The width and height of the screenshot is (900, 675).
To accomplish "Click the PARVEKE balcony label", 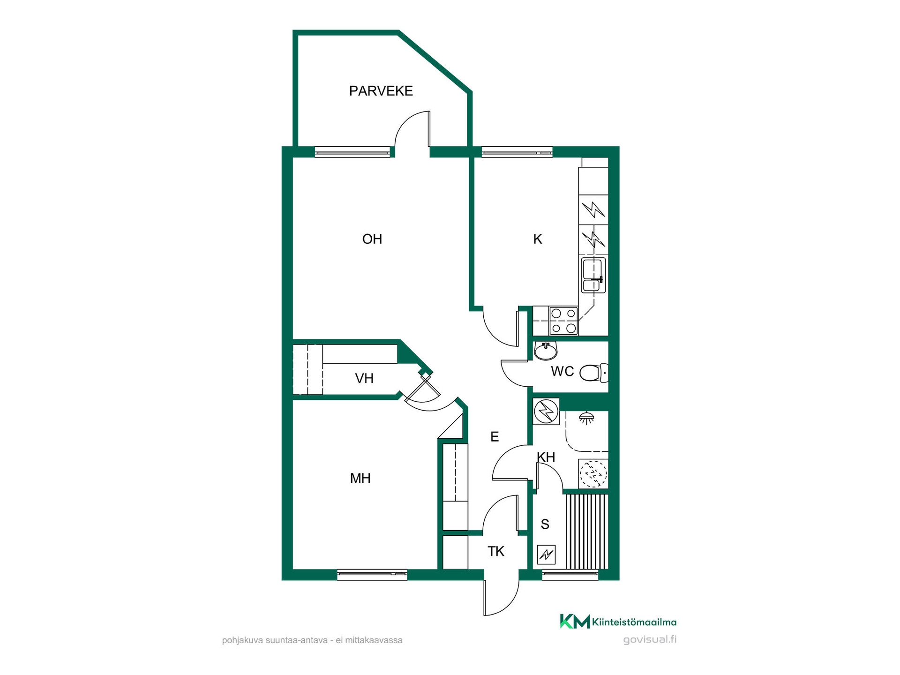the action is [x=381, y=91].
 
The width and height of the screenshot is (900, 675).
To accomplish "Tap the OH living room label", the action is [x=372, y=239].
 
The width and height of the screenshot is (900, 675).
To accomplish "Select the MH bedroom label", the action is [x=360, y=478].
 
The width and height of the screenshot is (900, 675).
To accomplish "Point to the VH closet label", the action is [x=364, y=378].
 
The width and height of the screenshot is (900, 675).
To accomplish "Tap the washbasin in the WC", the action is [x=546, y=350].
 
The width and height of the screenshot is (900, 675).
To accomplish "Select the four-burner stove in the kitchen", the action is [x=563, y=321].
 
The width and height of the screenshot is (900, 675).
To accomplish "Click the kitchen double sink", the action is [x=593, y=275].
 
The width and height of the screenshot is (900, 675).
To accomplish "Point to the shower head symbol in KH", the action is [x=586, y=418].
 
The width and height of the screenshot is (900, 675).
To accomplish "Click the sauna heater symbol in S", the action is [x=546, y=555].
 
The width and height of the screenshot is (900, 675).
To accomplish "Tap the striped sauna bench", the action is [x=587, y=532].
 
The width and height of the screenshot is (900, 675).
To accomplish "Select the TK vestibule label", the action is [x=495, y=551].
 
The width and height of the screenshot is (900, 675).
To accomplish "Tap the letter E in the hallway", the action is [x=495, y=437].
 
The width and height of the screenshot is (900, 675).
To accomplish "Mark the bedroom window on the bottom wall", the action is [x=372, y=574].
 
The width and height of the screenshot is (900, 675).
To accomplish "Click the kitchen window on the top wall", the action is [x=517, y=152].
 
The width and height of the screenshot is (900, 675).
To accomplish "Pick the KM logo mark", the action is [x=575, y=621].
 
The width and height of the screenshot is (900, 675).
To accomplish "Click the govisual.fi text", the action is [x=650, y=640].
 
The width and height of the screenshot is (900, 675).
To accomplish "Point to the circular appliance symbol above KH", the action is [x=546, y=412].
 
